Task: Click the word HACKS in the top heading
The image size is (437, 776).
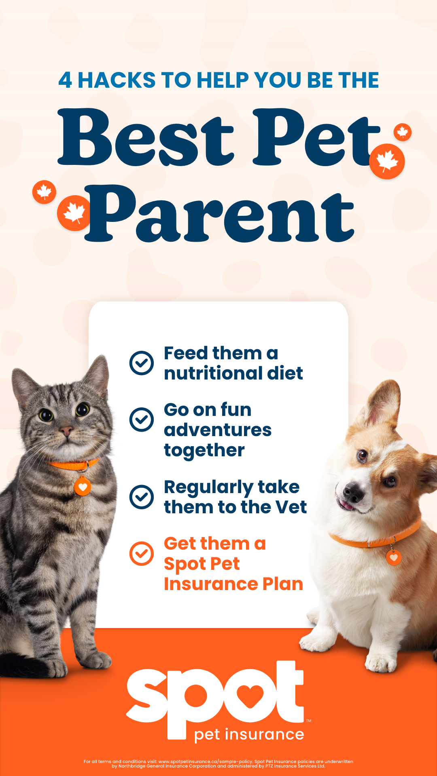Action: pos(117,80)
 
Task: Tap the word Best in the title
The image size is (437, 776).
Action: pos(146,137)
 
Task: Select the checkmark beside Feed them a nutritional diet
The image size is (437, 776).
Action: pos(142,363)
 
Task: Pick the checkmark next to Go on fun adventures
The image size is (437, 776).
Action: pos(142,419)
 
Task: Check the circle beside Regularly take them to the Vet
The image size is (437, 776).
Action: pos(142,497)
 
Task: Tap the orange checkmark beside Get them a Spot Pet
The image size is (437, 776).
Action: pos(142,553)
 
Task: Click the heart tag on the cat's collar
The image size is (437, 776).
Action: pos(83,487)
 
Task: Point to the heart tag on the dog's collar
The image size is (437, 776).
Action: pos(394,558)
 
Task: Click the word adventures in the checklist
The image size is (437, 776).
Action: pos(218,430)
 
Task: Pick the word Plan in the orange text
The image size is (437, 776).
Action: pos(283,584)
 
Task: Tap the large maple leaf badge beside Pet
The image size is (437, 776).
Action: pos(387,161)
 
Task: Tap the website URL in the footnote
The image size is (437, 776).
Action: pos(206,761)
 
